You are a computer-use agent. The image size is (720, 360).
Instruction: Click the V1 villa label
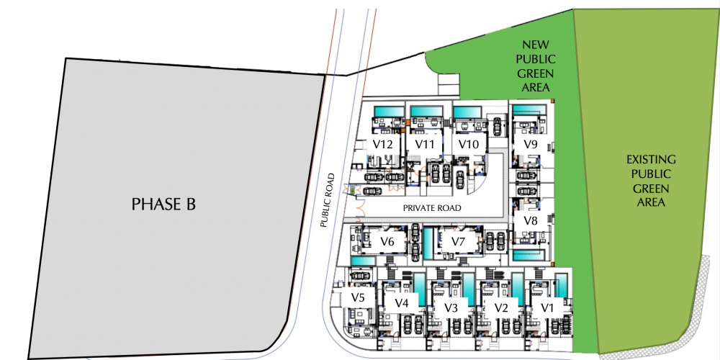coord(547,307)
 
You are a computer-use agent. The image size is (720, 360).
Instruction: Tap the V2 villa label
coord(501,307)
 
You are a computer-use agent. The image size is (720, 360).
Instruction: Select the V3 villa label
coord(451,307)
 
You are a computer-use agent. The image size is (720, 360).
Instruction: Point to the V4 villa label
coord(402,303)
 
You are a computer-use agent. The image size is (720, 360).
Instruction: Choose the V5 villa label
coord(358,297)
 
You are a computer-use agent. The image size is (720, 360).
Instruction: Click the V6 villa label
coord(387,241)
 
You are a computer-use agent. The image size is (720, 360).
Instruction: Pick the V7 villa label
coord(458,240)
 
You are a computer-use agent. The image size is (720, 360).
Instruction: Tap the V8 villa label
coord(531,220)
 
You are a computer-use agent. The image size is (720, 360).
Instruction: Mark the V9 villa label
coord(531,144)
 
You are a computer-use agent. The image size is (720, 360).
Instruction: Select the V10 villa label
coord(469,144)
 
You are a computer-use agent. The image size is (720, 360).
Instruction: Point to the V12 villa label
coord(383,144)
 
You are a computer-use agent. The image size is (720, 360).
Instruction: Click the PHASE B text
coord(163,204)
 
